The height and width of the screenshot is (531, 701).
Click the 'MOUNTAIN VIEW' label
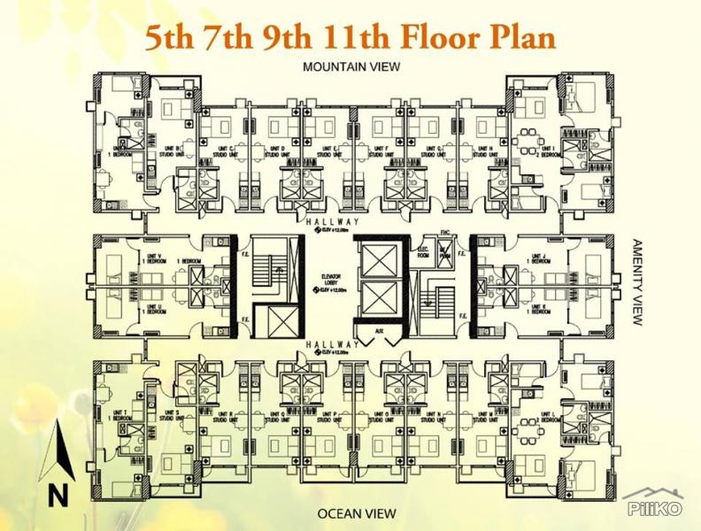point(351,66)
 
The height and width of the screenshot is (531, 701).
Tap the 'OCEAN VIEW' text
point(351,513)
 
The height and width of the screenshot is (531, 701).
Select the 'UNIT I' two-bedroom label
point(547,150)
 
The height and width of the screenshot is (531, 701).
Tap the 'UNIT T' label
point(116,413)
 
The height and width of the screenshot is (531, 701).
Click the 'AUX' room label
point(378,331)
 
